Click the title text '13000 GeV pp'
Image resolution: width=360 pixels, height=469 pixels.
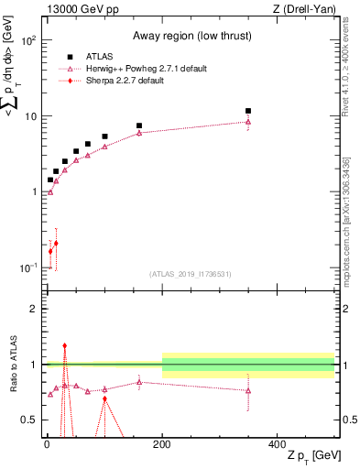point(76,8)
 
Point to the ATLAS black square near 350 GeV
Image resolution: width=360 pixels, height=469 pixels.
point(248,111)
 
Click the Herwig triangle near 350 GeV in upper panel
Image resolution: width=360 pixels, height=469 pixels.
point(248,122)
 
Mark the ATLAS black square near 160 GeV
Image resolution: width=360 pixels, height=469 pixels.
point(139,125)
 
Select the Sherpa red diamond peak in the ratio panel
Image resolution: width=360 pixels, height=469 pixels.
point(64,346)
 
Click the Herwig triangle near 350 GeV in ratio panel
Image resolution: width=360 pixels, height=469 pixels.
point(248,390)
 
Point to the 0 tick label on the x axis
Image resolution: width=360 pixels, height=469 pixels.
point(47,444)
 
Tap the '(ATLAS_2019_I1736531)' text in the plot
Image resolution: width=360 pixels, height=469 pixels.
point(190,274)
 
